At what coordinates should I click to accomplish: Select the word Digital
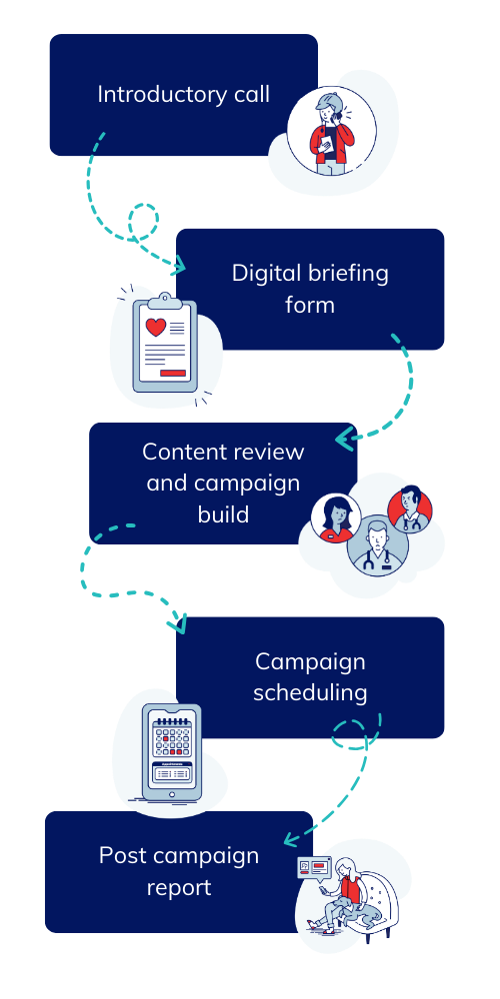pos(263,273)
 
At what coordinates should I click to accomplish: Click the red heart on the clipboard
pos(155,327)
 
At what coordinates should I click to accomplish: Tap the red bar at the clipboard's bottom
pos(173,373)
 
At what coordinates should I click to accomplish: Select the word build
pos(222,515)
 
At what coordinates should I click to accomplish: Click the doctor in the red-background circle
pos(410,507)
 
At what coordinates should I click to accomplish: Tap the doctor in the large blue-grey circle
pos(377,546)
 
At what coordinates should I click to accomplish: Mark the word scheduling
pos(310,692)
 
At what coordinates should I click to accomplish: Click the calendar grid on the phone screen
pos(171,743)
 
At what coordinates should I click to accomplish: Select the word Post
pos(120,856)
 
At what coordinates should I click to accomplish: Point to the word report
pos(179,888)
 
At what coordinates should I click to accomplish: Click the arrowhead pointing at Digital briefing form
pos(180,267)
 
